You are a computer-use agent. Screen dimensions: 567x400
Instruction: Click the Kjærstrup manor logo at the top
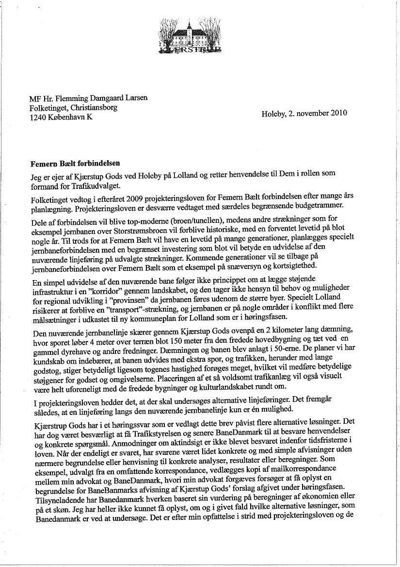pos(191,34)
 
